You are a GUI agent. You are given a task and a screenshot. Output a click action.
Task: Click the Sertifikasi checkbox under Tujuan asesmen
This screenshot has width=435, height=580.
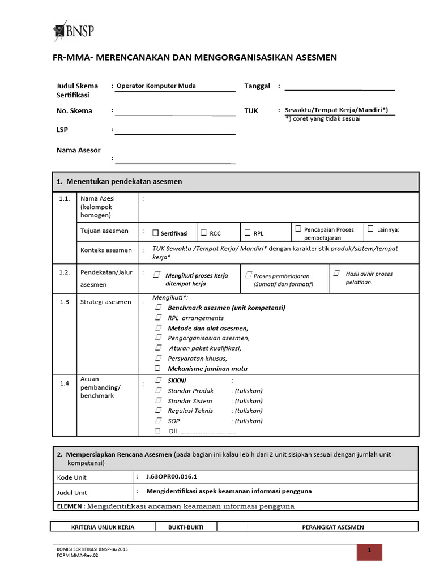coord(156,233)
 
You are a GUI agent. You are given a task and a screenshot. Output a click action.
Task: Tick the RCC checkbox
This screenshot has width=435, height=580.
coord(204,232)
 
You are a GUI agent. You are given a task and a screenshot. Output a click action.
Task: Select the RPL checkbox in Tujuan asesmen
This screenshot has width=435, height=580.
coord(248,232)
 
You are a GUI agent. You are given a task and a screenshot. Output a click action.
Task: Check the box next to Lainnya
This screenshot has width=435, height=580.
coord(371,229)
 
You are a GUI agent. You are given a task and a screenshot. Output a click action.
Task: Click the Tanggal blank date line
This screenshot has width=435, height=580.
coord(339,87)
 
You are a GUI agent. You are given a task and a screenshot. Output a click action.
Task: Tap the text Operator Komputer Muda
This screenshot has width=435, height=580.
coord(156,86)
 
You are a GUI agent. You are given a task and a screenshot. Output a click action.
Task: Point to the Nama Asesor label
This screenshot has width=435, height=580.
coord(78,150)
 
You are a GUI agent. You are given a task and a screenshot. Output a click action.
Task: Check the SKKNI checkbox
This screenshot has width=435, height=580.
coord(159,380)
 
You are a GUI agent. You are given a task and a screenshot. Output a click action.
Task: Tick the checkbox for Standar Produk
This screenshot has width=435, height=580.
coord(159,390)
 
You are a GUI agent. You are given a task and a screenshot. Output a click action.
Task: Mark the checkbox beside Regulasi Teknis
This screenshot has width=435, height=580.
coord(159,411)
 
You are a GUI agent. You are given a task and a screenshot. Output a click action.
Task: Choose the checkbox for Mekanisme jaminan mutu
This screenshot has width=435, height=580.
coord(158,368)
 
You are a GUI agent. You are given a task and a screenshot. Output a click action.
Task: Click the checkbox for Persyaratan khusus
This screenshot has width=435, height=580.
coord(159,358)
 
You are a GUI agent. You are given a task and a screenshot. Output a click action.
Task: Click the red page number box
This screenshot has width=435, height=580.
coord(369,552)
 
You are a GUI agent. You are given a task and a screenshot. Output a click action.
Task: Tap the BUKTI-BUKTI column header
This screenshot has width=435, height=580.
coord(186,527)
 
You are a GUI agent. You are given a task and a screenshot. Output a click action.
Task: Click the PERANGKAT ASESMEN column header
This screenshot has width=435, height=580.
coord(332,527)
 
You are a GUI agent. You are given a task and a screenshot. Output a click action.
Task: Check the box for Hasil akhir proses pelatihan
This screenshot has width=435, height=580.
coord(336,274)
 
